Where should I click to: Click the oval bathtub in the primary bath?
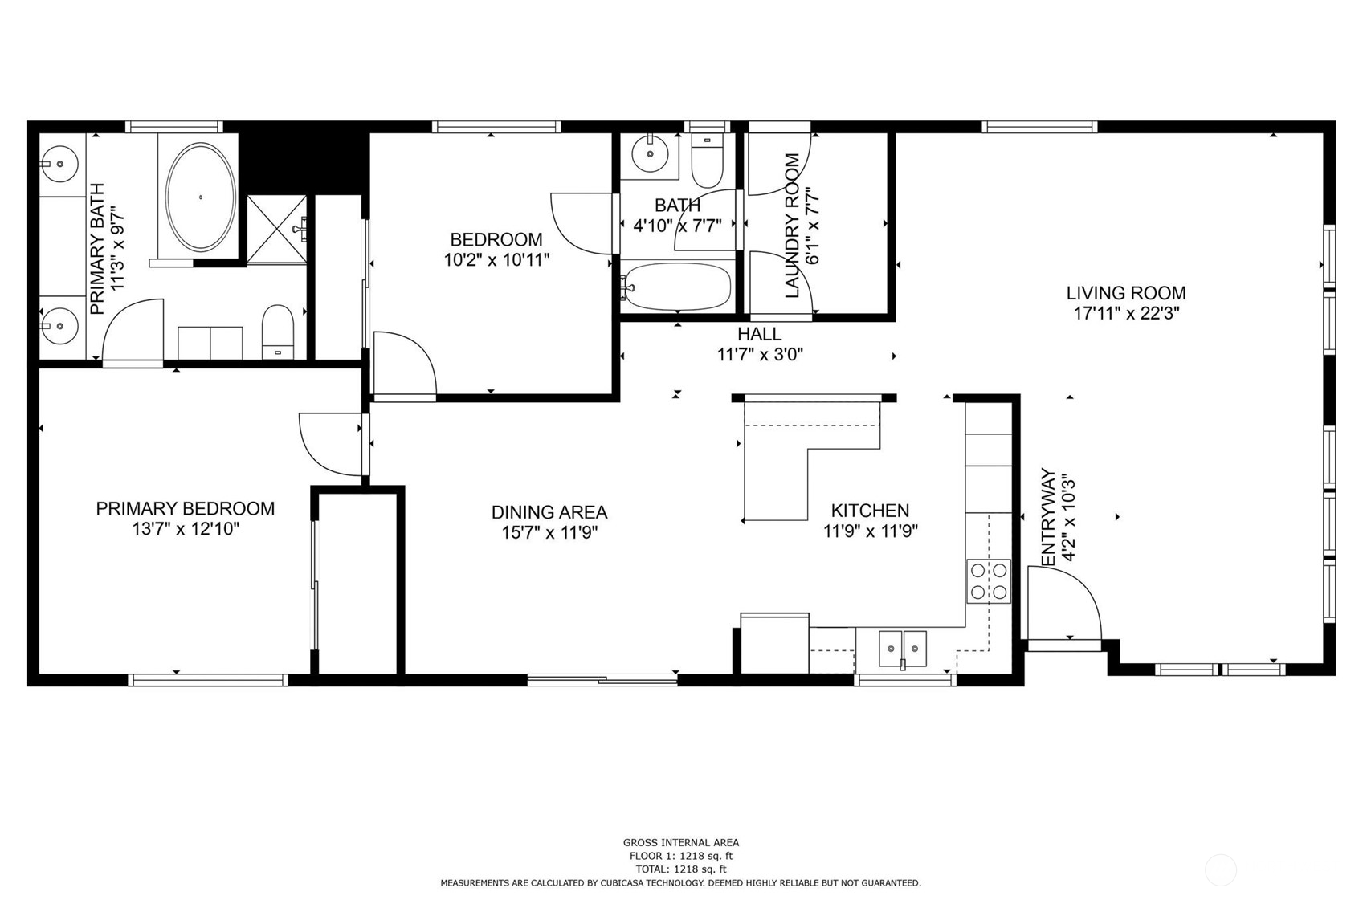point(201,197)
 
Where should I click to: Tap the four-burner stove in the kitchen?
point(988,581)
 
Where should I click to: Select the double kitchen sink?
point(903,649)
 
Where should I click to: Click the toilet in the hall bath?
point(707,161)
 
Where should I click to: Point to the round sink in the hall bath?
point(650,153)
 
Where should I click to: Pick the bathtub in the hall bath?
point(676,287)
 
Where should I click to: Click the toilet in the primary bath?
point(277,332)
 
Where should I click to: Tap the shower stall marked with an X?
point(277,230)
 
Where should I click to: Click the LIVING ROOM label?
point(1126,293)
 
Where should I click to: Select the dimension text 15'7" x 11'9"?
point(549,533)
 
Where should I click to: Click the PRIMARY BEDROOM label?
point(186,508)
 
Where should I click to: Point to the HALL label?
point(759,334)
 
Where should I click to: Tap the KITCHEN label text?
point(870,511)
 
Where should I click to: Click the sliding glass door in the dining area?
point(602,681)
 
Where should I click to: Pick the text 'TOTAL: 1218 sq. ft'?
point(681,869)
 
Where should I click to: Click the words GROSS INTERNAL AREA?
point(681,842)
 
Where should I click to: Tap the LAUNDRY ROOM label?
point(792,226)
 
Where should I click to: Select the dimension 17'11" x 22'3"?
point(1126,314)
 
